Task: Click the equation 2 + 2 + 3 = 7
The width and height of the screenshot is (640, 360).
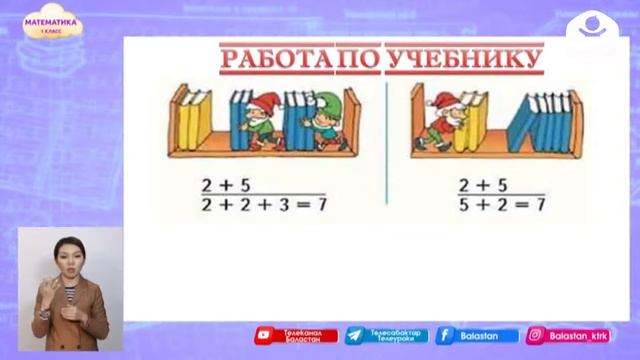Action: click(x=263, y=205)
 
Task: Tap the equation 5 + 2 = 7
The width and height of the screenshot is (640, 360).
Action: click(x=501, y=204)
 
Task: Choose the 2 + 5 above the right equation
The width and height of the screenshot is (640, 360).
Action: click(x=482, y=185)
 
